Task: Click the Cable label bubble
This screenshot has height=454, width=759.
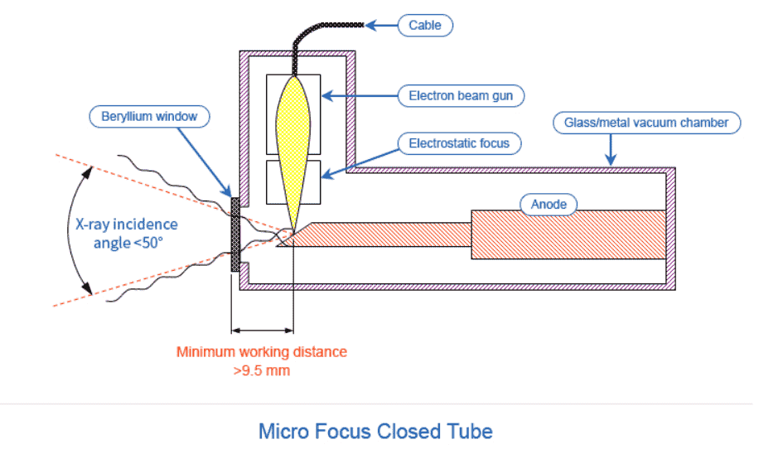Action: pos(425,25)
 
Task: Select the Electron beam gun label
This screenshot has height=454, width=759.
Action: pos(461,96)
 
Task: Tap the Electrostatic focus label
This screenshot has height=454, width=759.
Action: pos(459,143)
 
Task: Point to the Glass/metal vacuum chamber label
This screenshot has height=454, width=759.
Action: pos(646,123)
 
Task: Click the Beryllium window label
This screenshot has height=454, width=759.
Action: pos(149,117)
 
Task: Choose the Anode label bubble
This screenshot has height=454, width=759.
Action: pos(549,205)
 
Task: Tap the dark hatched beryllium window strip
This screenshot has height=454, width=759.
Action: pos(235,234)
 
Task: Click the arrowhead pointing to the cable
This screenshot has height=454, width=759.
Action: pos(371,25)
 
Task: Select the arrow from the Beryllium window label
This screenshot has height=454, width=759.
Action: pos(205,162)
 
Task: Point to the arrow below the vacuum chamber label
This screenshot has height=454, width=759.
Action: pos(611,150)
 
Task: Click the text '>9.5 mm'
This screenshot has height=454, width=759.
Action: pos(261,371)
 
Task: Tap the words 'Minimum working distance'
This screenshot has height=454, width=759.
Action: pos(261,351)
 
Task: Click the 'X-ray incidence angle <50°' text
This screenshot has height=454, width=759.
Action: pos(126,234)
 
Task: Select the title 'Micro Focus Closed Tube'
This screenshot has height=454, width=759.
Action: pos(375,432)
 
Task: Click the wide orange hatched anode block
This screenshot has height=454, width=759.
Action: pos(568,234)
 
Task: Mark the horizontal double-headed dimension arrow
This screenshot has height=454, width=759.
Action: pos(263,331)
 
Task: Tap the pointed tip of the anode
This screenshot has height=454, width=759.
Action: pos(278,245)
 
